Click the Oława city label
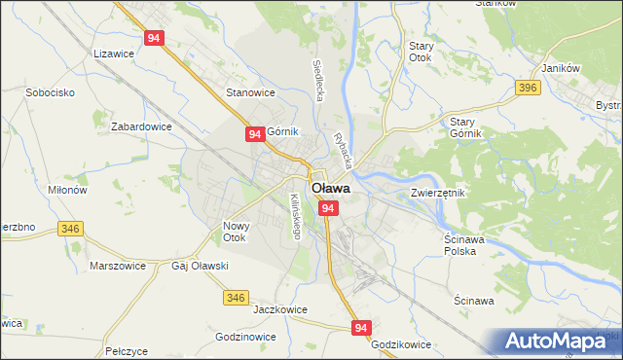click(x=330, y=189)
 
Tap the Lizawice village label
click(x=114, y=55)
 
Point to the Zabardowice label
click(x=141, y=126)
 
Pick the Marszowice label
click(x=117, y=265)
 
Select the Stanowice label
click(x=250, y=93)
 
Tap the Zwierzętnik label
click(x=438, y=193)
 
